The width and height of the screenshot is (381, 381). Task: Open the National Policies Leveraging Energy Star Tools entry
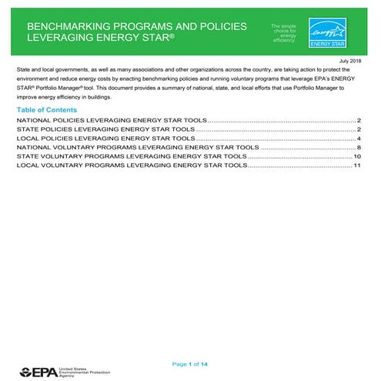(111, 122)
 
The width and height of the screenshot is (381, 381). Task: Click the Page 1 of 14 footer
(190, 363)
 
